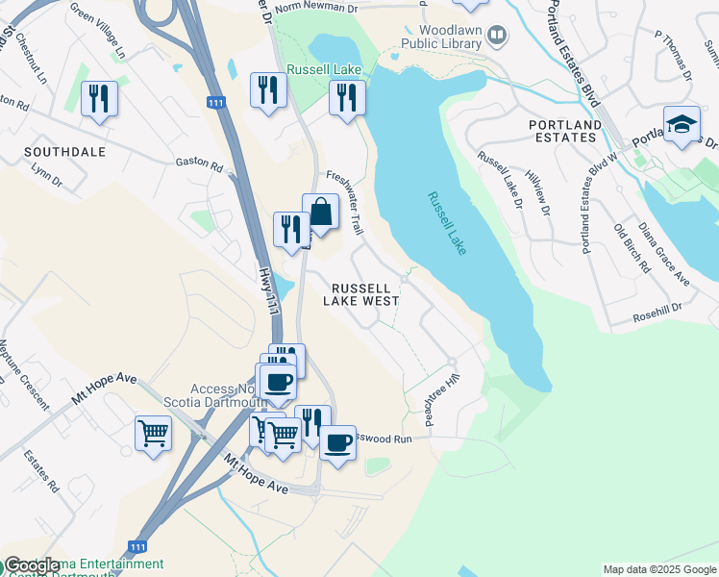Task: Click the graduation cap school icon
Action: coord(682,125)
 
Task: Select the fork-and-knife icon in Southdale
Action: coord(99,99)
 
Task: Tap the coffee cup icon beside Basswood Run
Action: coord(337,443)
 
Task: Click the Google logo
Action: coord(31,565)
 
